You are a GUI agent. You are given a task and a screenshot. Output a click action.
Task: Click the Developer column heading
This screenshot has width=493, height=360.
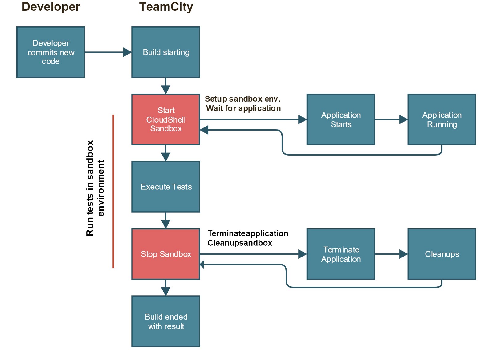[51, 7]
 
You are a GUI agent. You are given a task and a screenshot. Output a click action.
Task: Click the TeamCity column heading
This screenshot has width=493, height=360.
[166, 7]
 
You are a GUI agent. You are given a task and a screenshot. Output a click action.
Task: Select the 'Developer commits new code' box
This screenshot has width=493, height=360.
[51, 52]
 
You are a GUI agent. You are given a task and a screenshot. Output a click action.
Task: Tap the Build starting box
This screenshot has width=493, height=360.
[166, 52]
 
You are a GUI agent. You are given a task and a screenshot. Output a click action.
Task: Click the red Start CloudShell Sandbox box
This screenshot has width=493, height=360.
[166, 119]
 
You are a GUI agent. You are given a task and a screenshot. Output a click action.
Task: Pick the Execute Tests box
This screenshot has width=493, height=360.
[166, 187]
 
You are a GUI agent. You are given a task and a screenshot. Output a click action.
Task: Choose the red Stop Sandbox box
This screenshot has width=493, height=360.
[166, 254]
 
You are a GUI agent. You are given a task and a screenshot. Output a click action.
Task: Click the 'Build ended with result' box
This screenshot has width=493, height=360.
[166, 321]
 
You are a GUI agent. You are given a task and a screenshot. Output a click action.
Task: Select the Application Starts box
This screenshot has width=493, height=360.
[341, 119]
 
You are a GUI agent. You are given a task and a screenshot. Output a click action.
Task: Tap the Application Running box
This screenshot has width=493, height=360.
[442, 119]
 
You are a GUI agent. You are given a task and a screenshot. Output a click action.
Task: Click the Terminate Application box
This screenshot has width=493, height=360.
[341, 254]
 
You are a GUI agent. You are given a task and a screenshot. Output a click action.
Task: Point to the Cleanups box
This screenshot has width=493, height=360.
[442, 254]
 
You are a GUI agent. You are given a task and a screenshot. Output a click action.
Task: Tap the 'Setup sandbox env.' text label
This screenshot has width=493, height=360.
[242, 99]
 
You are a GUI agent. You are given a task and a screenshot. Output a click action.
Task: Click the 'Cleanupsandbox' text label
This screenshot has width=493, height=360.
[240, 243]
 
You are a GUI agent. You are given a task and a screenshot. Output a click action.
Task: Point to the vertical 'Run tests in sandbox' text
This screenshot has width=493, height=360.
[90, 188]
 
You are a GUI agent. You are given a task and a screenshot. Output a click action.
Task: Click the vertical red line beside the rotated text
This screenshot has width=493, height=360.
[113, 191]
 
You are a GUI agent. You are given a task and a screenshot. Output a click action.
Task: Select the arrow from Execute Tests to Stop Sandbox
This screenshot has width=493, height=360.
[166, 220]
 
